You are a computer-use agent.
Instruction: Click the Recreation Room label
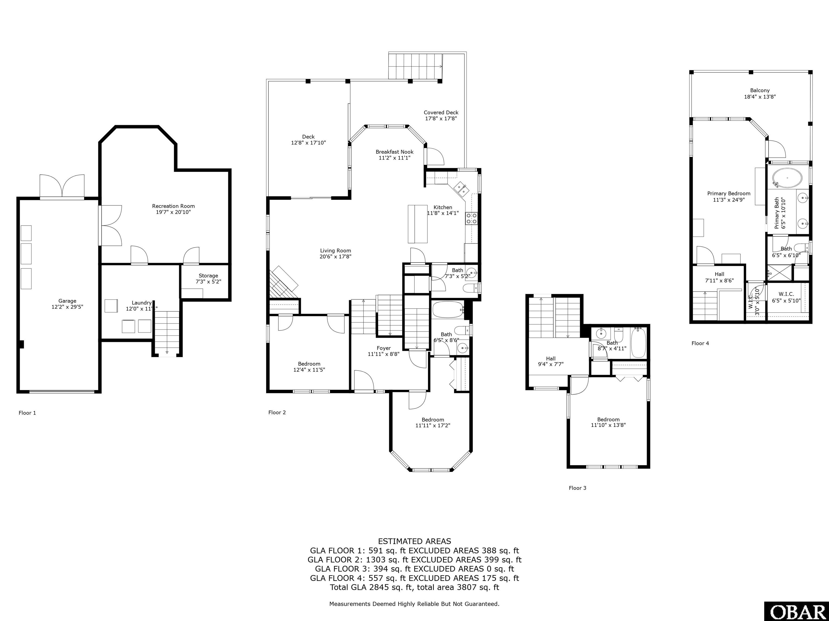tap(173, 206)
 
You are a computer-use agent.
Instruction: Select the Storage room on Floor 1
tap(208, 279)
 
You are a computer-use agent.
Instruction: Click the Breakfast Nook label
tap(394, 151)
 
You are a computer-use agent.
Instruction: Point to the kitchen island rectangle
tap(417, 224)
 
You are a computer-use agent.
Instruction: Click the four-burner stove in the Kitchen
tap(471, 219)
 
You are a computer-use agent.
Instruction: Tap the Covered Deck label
tap(441, 112)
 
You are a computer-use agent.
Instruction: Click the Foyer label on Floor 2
tap(383, 348)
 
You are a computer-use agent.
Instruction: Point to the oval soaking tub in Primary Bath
tap(787, 178)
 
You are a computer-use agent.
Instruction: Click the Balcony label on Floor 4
tap(760, 90)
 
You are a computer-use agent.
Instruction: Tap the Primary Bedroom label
tap(729, 194)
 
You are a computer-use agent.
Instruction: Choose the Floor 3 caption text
tap(577, 488)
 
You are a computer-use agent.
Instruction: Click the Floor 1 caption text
tap(27, 413)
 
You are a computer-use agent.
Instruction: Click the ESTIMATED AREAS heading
tap(414, 541)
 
